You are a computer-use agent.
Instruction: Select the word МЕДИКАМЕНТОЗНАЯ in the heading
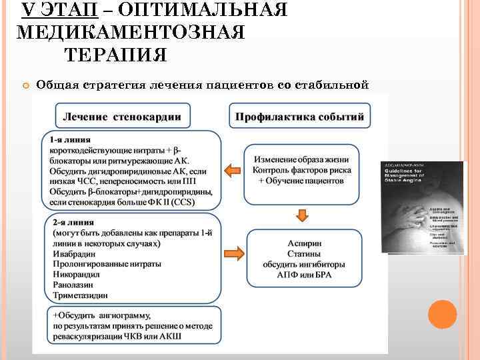tap(130, 32)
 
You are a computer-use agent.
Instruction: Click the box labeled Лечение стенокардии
tap(121, 117)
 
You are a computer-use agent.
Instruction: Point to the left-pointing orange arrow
tap(232, 171)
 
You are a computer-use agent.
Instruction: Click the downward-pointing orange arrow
tap(302, 215)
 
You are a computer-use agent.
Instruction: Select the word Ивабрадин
tap(74, 253)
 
